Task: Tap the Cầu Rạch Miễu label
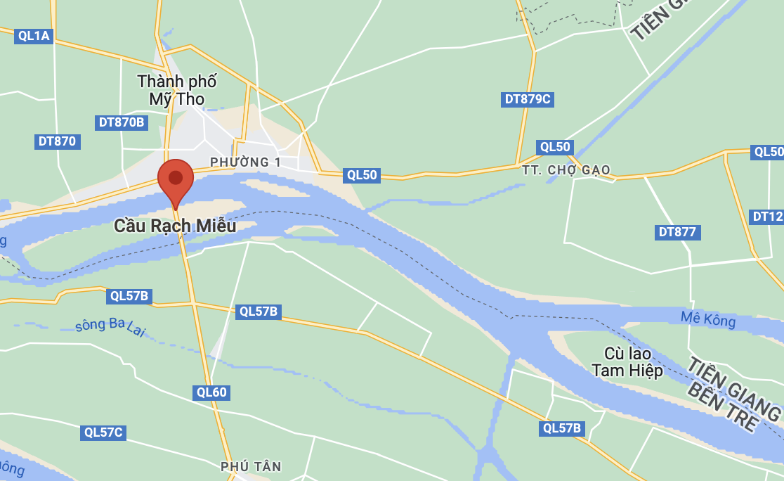(x=175, y=226)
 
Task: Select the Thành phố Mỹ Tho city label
(x=177, y=90)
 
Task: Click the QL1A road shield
(x=34, y=36)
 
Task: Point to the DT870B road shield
(x=122, y=122)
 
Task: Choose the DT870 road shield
(x=57, y=141)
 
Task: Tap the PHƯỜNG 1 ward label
(x=245, y=162)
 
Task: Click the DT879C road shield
(x=528, y=99)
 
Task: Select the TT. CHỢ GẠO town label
(x=566, y=170)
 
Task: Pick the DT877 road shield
(x=679, y=232)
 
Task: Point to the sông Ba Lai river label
(x=110, y=326)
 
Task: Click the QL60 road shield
(x=211, y=392)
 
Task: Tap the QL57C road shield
(x=103, y=432)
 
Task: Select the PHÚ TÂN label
(x=251, y=466)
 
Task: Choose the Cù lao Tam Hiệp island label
(x=627, y=362)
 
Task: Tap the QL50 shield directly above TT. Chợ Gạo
(x=556, y=147)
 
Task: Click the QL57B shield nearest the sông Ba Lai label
(x=130, y=296)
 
